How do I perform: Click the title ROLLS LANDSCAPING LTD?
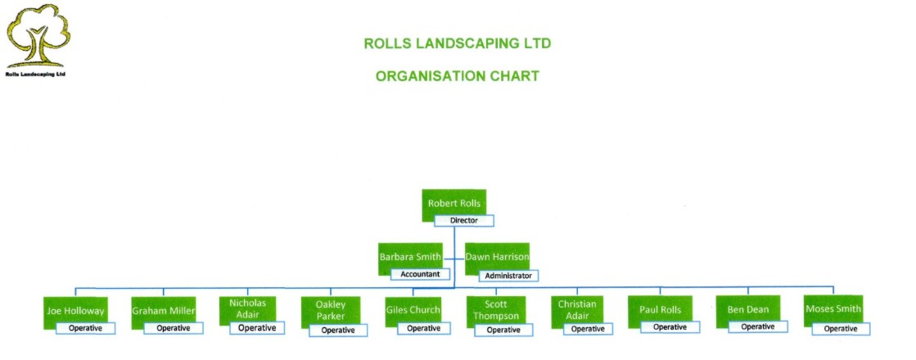tap(457, 43)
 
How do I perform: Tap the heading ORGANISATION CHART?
tap(457, 76)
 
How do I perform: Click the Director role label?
tap(463, 220)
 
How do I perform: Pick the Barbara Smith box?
tap(410, 257)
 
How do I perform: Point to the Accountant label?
tap(421, 274)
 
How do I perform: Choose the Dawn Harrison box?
tap(497, 257)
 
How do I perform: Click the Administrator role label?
tap(508, 276)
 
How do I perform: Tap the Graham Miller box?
tap(163, 311)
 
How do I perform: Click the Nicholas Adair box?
tap(248, 310)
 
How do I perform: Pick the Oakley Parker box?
tap(331, 311)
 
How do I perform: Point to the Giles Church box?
tap(413, 311)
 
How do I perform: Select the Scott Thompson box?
tap(496, 311)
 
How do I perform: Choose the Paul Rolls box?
tap(660, 311)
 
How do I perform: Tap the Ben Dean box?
tap(747, 311)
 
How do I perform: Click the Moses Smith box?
tap(833, 310)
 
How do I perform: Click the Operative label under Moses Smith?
tap(841, 329)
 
